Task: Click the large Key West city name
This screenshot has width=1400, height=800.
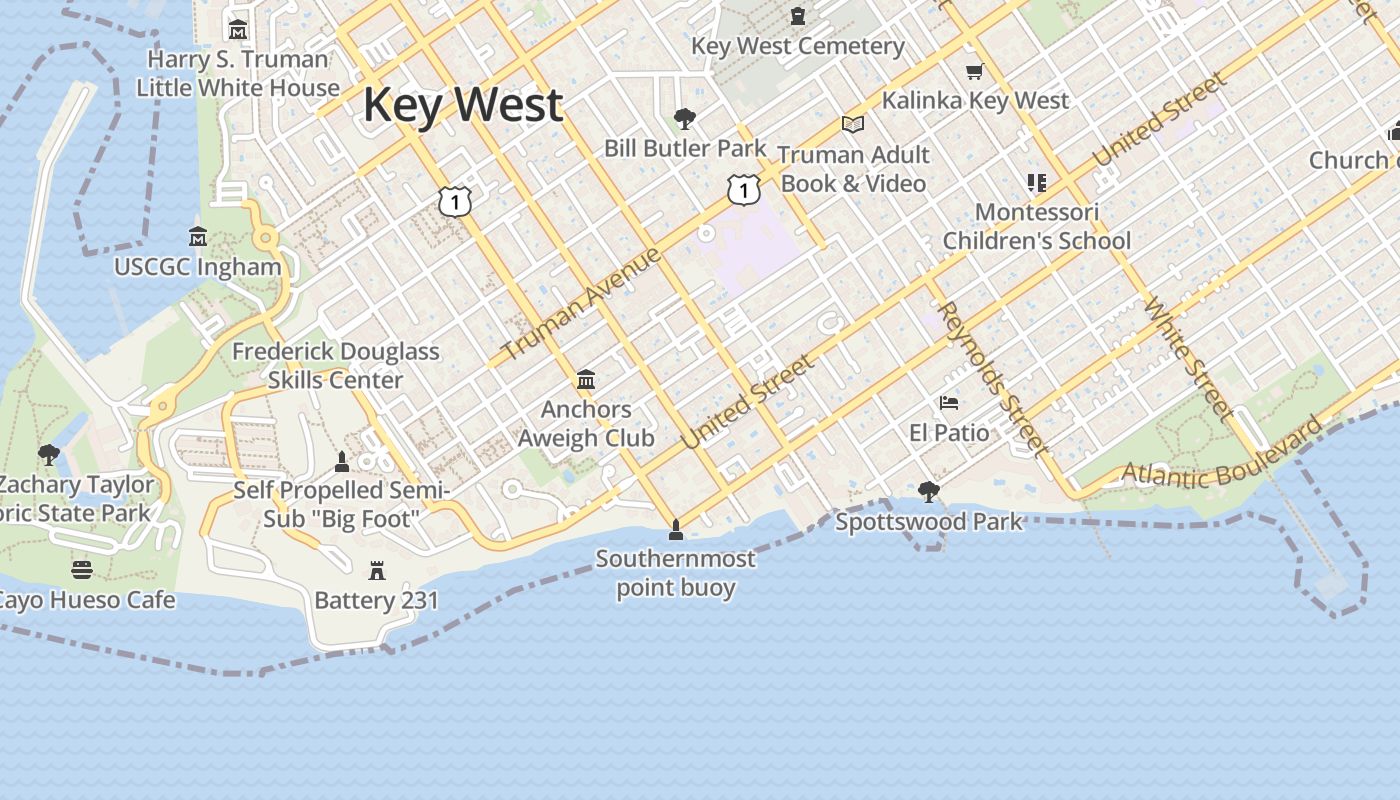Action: (x=463, y=106)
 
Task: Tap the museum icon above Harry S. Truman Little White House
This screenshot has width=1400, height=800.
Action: (x=238, y=30)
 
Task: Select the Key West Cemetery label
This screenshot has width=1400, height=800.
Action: (x=797, y=46)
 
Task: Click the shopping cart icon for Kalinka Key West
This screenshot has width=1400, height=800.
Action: (x=974, y=71)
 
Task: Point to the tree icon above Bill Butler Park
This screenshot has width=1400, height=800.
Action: (x=685, y=119)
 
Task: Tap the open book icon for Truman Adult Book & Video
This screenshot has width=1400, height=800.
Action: (x=852, y=124)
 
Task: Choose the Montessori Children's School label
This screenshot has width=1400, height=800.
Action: (x=1037, y=226)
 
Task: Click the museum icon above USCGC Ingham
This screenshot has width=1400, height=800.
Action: (x=198, y=237)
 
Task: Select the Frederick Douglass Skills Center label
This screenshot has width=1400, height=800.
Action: (x=335, y=366)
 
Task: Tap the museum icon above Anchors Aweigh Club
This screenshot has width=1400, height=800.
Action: (x=586, y=380)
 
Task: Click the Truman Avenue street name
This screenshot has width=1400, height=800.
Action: (x=581, y=303)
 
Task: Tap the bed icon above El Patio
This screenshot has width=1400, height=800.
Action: (x=949, y=403)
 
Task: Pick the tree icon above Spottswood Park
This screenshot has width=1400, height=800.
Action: (x=929, y=491)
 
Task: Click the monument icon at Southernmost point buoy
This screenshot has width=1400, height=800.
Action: (x=676, y=529)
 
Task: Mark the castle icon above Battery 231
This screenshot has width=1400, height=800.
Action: (x=377, y=571)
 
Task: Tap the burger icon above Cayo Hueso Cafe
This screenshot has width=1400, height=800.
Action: (x=82, y=570)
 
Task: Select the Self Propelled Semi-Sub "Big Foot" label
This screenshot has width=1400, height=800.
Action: (x=342, y=505)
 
